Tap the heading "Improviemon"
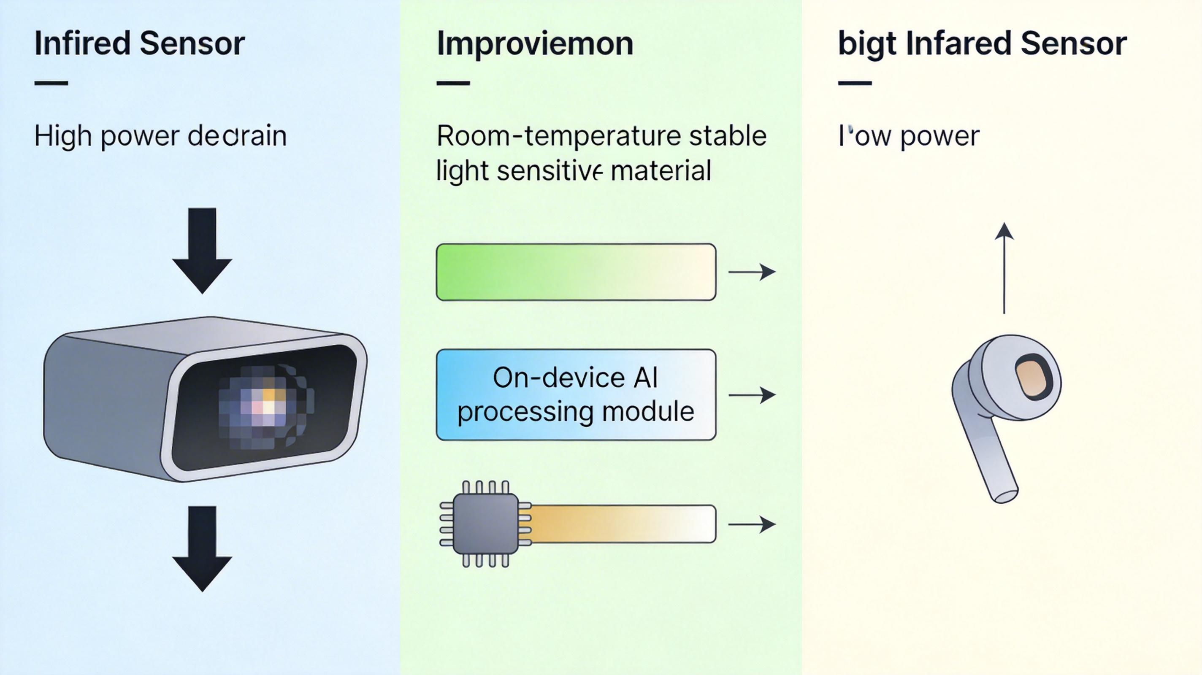coord(535,44)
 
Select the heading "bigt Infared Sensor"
coord(982,44)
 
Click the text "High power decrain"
coord(160,136)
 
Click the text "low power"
coord(909,136)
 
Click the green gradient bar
coord(576,272)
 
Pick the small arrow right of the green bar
coord(752,272)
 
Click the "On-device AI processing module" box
coord(576,394)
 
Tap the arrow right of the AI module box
coord(752,395)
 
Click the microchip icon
coord(485,524)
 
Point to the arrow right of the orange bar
coord(752,524)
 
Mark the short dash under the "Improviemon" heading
coord(453,84)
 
